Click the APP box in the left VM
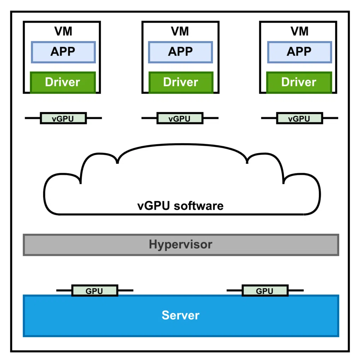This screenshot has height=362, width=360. pos(63,52)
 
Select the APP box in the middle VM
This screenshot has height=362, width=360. pos(180,52)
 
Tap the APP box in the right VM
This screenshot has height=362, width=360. pos(299,52)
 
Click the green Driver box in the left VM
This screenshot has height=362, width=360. pos(63,82)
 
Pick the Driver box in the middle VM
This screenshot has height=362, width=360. pos(181,82)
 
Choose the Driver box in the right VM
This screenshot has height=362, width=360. pos(299,82)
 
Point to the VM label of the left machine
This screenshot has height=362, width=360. pos(63,31)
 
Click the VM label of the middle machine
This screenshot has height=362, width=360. pos(180,31)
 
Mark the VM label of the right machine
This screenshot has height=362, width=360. pos(299,31)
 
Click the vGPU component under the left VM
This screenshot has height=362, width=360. pos(63,118)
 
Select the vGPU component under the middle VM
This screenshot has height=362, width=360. pos(180,118)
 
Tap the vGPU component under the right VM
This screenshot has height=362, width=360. pos(299,118)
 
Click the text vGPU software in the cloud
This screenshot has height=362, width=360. pos(180,206)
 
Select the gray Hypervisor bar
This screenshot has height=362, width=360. pos(181,245)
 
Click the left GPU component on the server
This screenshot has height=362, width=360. pos(94,291)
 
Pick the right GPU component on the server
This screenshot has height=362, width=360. pos(265,291)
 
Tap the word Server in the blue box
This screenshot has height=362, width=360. pos(181,315)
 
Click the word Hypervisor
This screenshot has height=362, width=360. pos(181,244)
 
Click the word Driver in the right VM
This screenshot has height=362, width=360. pos(299,82)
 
